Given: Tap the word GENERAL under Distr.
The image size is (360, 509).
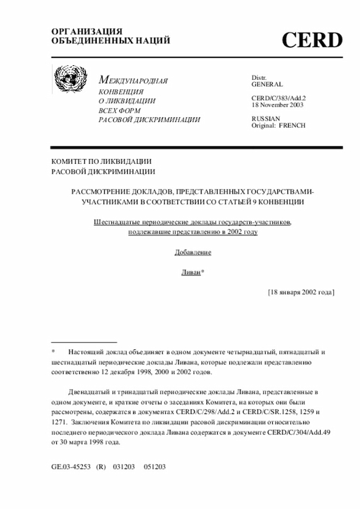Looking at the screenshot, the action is click(267, 84).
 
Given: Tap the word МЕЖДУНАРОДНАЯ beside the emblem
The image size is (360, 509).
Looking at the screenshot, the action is click(133, 81).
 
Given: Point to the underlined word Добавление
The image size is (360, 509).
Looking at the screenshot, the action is click(193, 252).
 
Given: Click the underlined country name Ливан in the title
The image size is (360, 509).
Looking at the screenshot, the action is click(190, 272).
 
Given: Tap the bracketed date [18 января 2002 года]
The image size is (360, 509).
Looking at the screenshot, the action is click(301, 292).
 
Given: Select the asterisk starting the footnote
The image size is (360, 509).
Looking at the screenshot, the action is click(53, 352).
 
